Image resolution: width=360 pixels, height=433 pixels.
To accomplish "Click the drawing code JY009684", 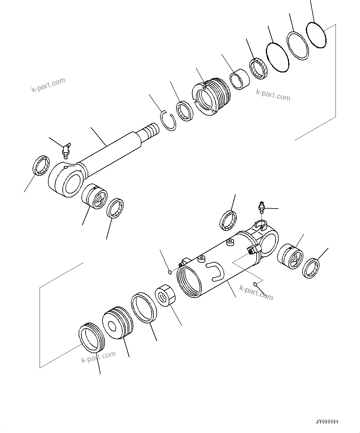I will coord(327,422).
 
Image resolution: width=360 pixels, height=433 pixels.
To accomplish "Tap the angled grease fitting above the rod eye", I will coord(66,149).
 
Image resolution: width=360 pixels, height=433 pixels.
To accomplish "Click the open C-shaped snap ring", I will coord(169,120).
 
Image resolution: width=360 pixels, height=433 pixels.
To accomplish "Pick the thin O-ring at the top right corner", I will coord(316,35).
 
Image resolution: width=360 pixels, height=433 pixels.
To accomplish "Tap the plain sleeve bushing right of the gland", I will coord(240,79).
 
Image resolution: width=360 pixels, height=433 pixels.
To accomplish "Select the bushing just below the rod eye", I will coord(95,196).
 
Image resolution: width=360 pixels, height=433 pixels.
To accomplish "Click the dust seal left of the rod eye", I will coord(41,166).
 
